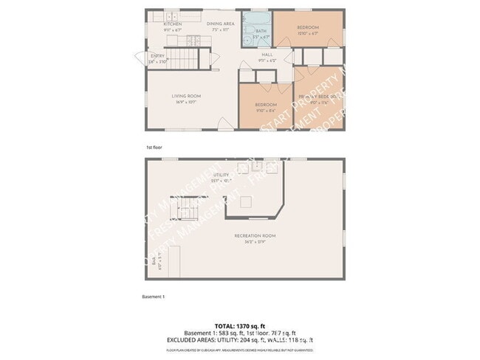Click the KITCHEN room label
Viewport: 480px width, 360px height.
coord(172,24)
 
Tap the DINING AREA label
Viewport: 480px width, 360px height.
coord(221,24)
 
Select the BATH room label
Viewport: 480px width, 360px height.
coord(261,31)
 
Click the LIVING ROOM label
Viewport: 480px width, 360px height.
coord(186,96)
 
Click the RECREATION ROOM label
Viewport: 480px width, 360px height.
coord(255,236)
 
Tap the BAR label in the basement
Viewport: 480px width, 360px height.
coord(154,262)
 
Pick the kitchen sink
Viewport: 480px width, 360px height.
coord(173,15)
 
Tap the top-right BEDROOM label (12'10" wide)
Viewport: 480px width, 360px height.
coord(307,29)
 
